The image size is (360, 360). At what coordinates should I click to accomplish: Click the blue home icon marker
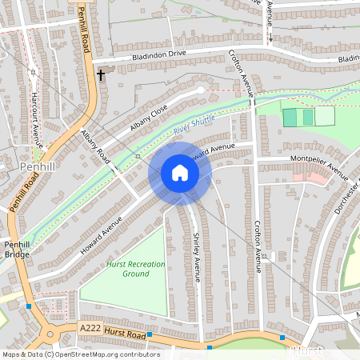[x=180, y=174]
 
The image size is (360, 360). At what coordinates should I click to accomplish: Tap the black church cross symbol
[x=101, y=75]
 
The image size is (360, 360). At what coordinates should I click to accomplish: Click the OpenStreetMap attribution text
[x=81, y=354]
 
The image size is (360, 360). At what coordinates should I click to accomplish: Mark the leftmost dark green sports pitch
[x=290, y=117]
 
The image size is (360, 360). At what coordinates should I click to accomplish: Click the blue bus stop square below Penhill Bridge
[x=29, y=306]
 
